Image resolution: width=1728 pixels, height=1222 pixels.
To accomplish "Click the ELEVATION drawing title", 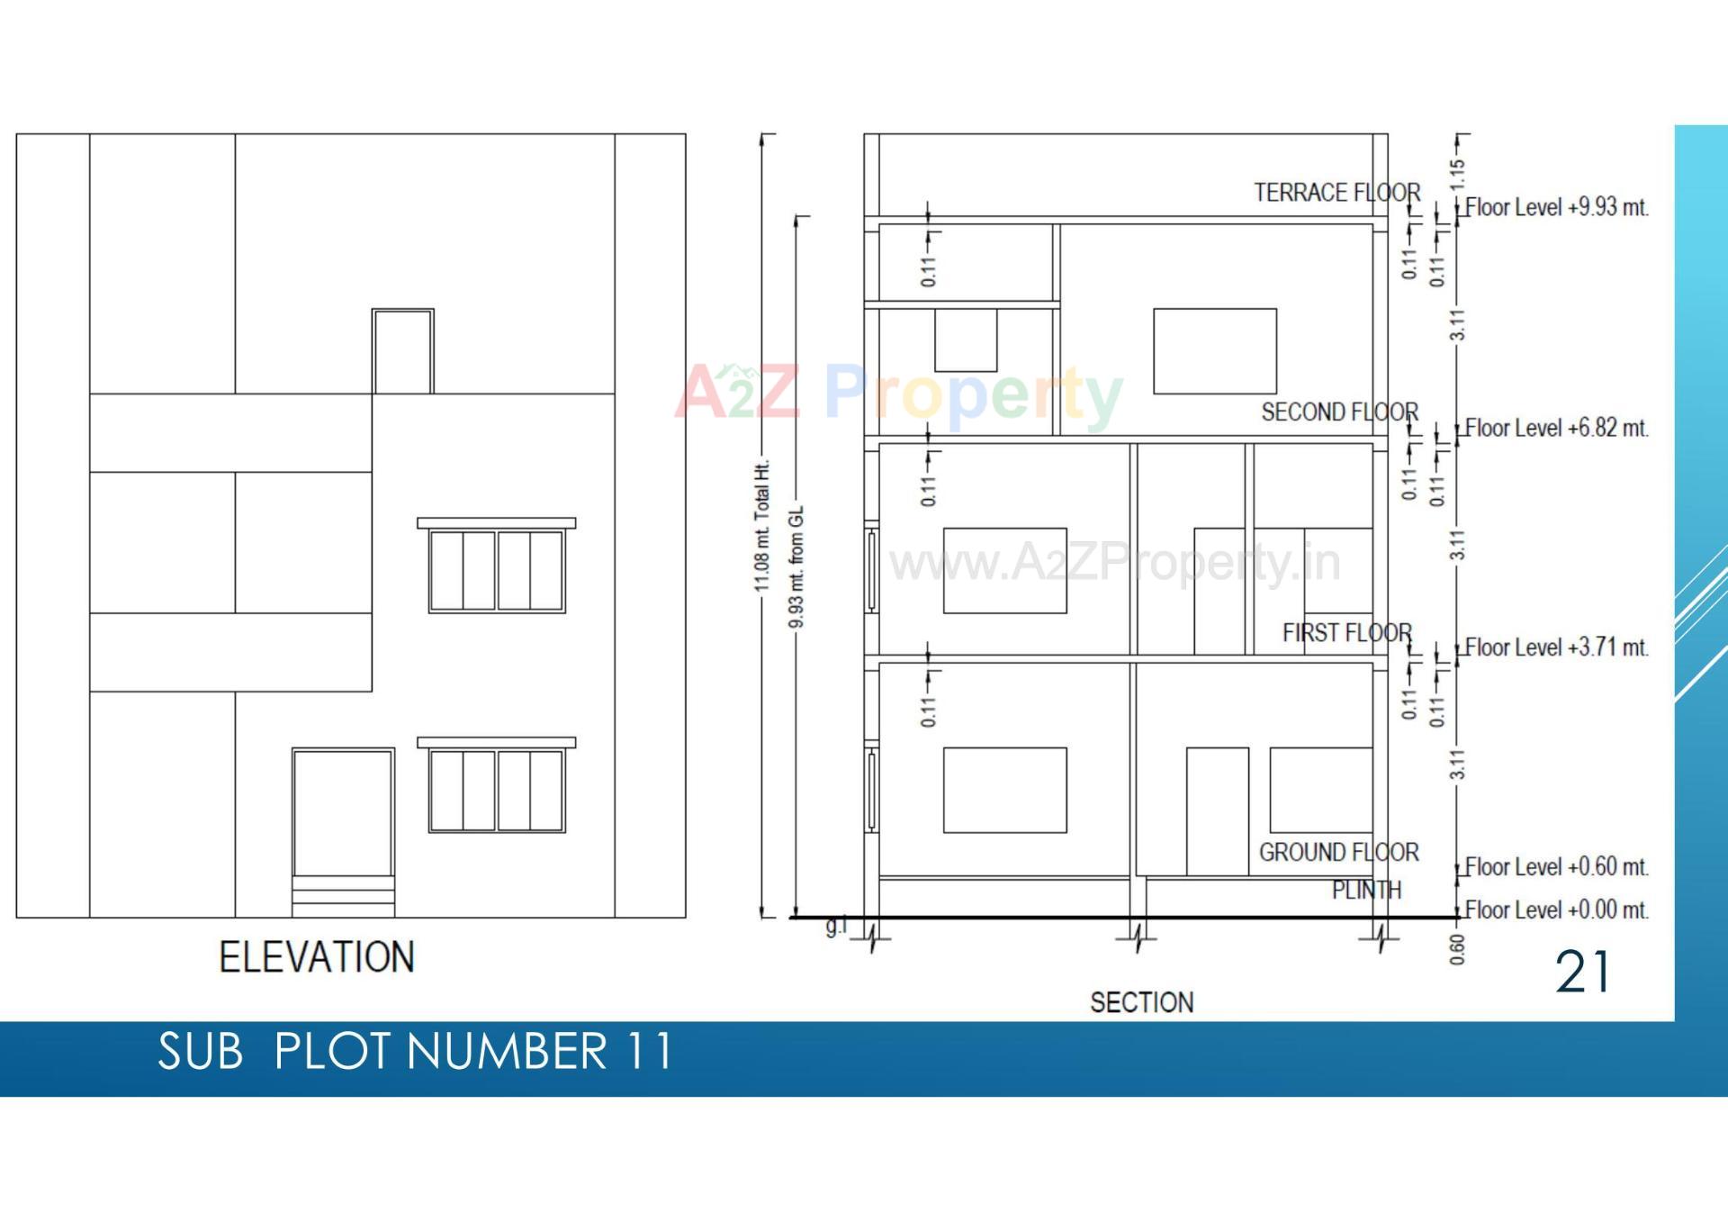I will click(317, 956).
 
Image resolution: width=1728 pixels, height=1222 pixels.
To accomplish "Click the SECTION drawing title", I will click(1141, 1002).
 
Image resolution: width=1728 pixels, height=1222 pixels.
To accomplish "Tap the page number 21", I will click(1583, 973).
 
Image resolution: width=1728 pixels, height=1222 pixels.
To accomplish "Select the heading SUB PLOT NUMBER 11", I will click(415, 1051).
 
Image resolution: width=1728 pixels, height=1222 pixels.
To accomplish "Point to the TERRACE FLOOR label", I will click(1336, 193).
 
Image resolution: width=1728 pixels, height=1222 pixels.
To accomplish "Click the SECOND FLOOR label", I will click(1339, 412).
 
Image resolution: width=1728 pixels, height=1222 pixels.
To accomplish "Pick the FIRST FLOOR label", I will click(1346, 633).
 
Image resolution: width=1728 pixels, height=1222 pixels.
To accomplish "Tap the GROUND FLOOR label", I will click(1338, 852).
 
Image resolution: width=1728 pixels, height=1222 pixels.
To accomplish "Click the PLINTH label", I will click(1366, 891).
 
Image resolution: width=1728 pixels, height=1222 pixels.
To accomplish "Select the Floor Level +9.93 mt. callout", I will click(1557, 207).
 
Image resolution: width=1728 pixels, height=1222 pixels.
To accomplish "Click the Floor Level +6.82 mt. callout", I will click(1557, 428).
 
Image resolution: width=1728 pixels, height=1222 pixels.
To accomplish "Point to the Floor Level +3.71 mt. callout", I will click(1557, 647).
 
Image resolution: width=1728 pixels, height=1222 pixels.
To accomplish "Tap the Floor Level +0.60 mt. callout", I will click(1557, 867).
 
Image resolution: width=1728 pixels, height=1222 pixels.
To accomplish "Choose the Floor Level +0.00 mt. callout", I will click(1557, 910).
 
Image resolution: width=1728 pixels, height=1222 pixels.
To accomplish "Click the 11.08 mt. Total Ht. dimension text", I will click(762, 527).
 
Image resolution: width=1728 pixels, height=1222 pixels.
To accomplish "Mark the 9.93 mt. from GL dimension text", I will click(796, 567).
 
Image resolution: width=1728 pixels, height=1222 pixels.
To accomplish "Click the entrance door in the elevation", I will click(343, 812).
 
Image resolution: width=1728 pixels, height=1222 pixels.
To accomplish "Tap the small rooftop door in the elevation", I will click(403, 351).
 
